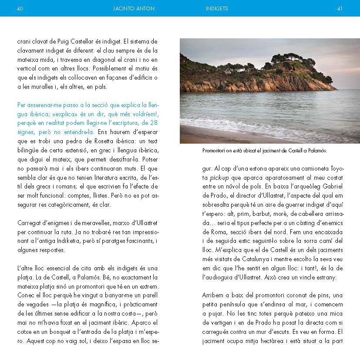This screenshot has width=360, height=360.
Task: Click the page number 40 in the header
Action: point(20,8)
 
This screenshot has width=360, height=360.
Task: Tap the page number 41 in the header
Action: point(340,8)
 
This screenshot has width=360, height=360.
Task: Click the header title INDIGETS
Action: point(217,8)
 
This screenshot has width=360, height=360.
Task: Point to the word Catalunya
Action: point(248,259)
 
